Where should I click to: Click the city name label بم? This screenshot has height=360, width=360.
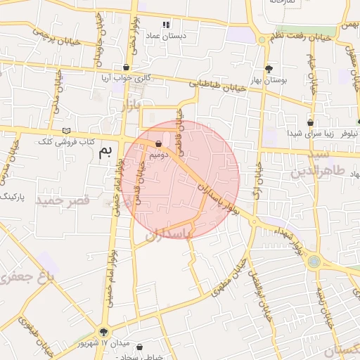105,151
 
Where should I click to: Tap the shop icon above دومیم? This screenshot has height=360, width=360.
158,144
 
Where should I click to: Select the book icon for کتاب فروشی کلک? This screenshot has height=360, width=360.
67,131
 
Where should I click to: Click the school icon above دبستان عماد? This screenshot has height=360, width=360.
166,25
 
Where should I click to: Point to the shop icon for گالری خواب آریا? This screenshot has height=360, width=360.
126,67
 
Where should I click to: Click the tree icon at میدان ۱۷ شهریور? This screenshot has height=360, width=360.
104,332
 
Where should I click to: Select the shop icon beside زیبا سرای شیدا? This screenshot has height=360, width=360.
310,122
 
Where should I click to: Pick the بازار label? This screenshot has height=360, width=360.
131,107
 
